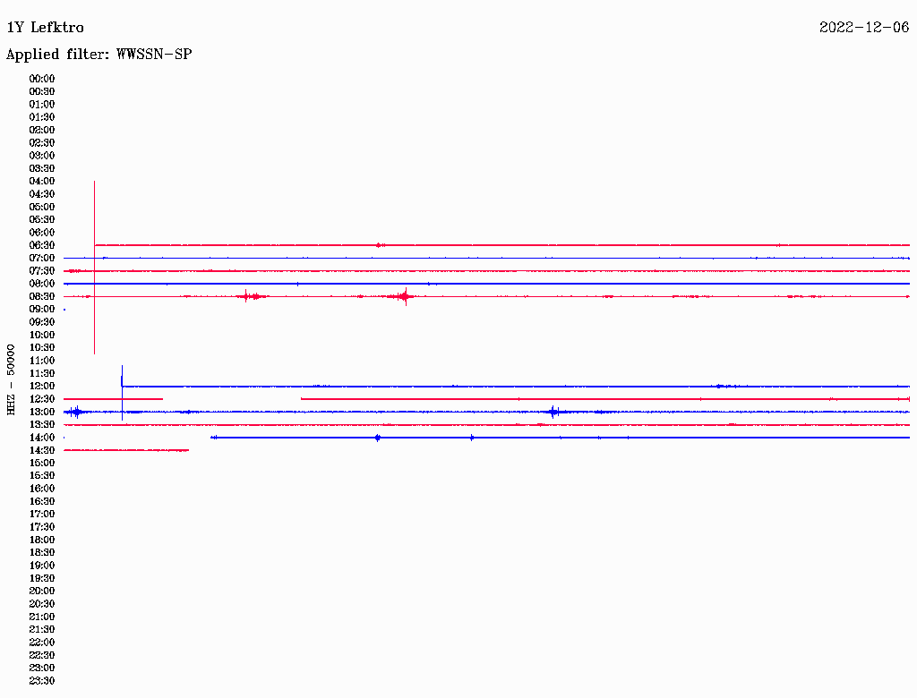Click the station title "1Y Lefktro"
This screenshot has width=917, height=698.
tap(45, 28)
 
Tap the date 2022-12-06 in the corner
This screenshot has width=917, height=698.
tap(864, 28)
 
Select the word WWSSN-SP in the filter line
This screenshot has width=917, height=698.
tap(154, 55)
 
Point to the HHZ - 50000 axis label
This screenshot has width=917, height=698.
tap(11, 379)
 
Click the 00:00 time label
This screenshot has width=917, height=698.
tap(41, 79)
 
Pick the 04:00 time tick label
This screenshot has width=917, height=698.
tap(41, 182)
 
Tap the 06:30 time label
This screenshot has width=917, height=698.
tap(41, 245)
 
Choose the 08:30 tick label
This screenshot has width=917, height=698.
tap(41, 296)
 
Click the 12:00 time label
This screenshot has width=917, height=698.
tap(41, 386)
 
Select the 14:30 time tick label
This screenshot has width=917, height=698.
tap(41, 450)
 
